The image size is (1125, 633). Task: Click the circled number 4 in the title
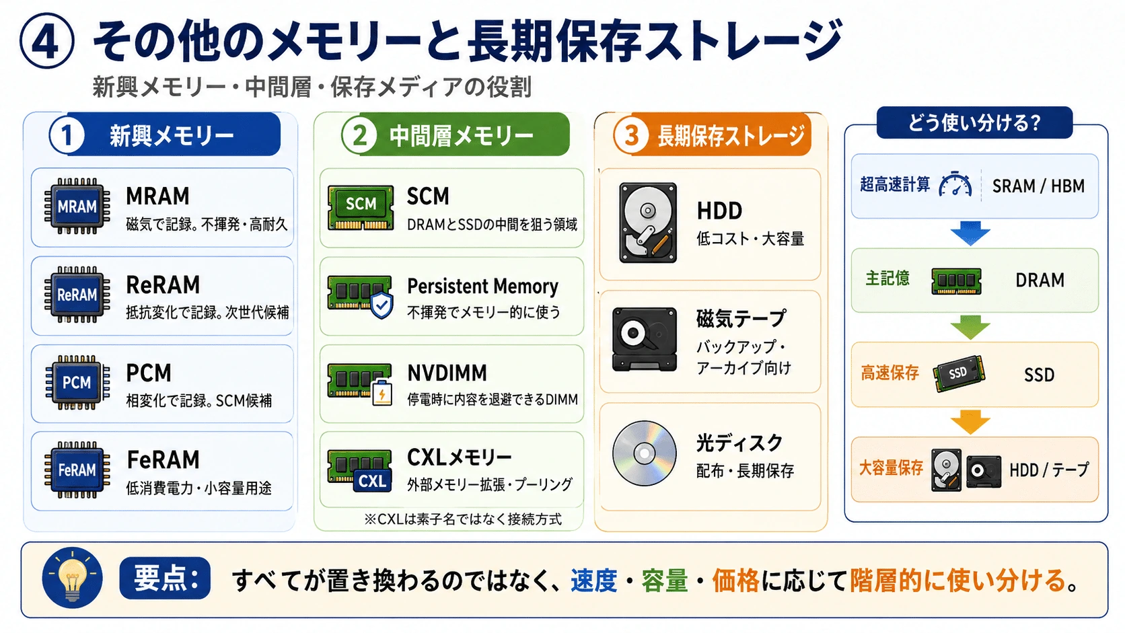click(x=46, y=41)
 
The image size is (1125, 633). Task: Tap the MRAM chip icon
click(x=77, y=206)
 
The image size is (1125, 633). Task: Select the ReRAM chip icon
click(x=77, y=295)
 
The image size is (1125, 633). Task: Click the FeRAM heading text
click(x=164, y=459)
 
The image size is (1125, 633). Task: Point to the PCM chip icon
click(x=77, y=383)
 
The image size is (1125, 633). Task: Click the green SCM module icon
click(x=360, y=207)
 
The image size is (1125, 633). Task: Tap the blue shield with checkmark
click(x=382, y=304)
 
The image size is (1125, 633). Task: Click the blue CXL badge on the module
click(x=372, y=481)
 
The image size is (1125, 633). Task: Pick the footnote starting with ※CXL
click(x=462, y=519)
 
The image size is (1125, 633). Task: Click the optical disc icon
click(x=644, y=453)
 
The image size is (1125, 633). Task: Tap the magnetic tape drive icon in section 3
click(x=645, y=339)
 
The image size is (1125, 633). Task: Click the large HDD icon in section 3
click(x=648, y=223)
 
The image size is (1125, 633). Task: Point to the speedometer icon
click(x=955, y=185)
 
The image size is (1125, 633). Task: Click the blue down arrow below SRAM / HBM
click(x=970, y=233)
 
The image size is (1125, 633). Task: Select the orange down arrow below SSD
click(x=970, y=422)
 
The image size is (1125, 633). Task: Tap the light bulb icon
click(x=72, y=578)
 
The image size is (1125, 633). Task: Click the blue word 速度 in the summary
click(x=593, y=581)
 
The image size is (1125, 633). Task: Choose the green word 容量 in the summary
click(x=664, y=581)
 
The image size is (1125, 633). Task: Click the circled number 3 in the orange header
click(x=631, y=135)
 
